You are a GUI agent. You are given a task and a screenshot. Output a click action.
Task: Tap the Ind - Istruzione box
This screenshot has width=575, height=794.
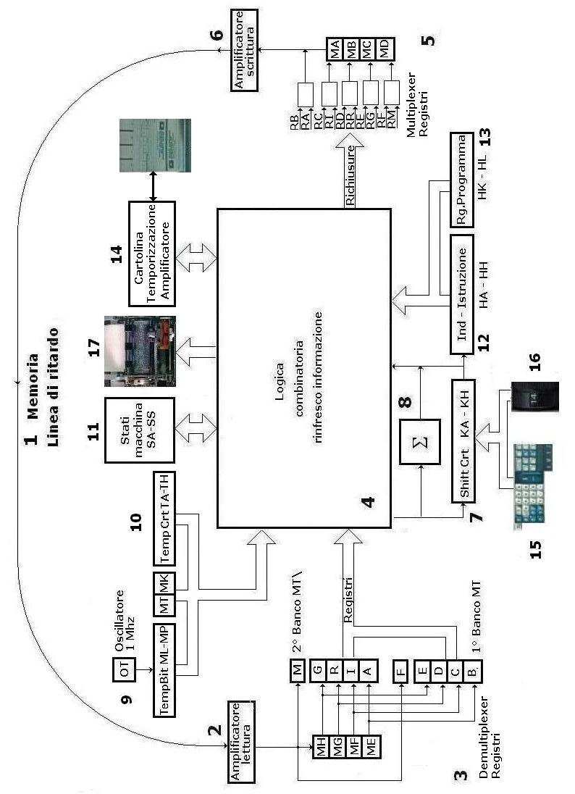coord(463,294)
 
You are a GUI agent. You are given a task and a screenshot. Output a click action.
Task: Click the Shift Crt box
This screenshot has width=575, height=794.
coord(463,440)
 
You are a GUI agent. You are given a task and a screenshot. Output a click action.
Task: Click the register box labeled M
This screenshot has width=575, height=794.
coord(298,669)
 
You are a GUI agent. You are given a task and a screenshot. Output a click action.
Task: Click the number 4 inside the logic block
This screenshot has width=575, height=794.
coord(367,500)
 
